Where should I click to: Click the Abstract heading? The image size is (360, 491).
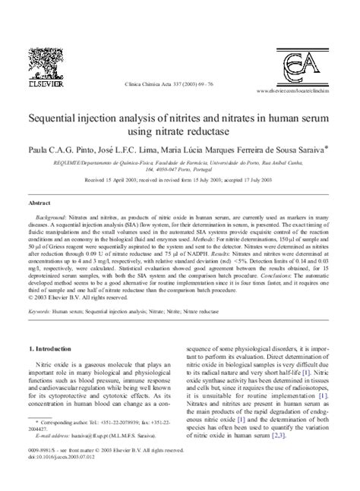pyautogui.click(x=39, y=205)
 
